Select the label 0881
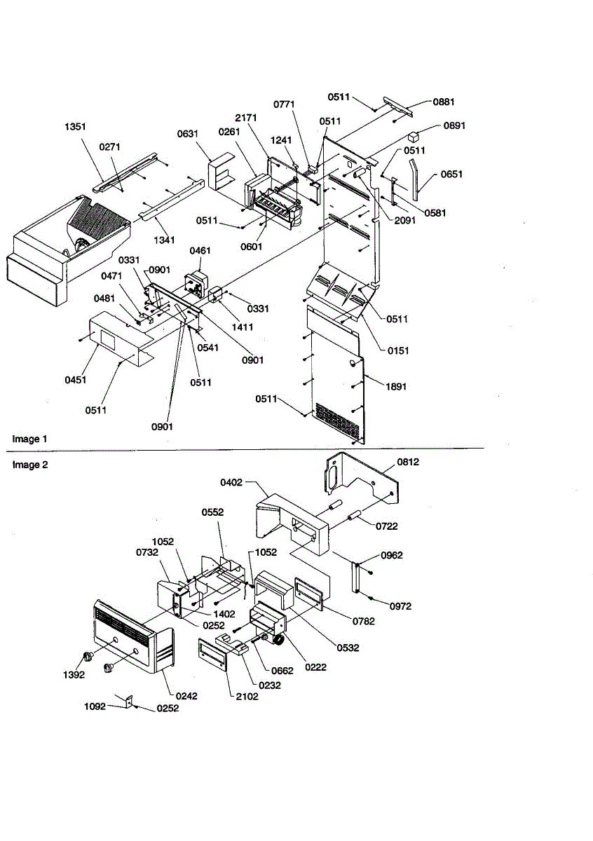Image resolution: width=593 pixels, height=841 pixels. point(443,102)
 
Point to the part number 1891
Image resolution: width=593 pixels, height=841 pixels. point(395,385)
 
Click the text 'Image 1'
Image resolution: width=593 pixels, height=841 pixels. point(30,439)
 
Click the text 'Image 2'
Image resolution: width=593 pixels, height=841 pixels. point(30,464)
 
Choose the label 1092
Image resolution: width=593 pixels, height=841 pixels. point(95,706)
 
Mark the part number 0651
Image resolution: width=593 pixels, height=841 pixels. point(451,174)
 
